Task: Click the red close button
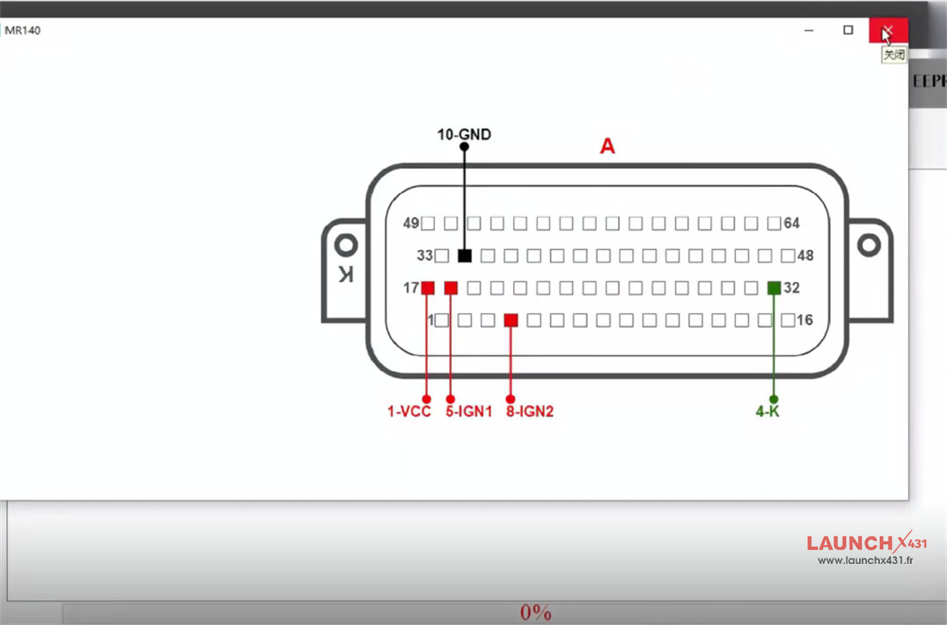pos(888,31)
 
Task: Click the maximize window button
pos(848,30)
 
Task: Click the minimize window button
pos(809,30)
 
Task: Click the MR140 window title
pos(22,31)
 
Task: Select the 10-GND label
pos(464,134)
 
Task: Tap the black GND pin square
pos(465,256)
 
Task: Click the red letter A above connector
pos(608,147)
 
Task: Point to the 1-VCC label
pos(409,412)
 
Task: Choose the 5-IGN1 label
pos(468,412)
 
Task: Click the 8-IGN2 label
pos(529,412)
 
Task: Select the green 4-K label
pos(767,412)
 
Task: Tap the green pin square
pos(774,288)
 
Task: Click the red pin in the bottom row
pos(511,320)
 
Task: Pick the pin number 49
pos(411,224)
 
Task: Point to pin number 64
pos(792,224)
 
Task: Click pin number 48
pos(805,256)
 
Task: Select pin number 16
pos(805,320)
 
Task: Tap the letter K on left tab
pos(345,275)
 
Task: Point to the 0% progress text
pos(535,613)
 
